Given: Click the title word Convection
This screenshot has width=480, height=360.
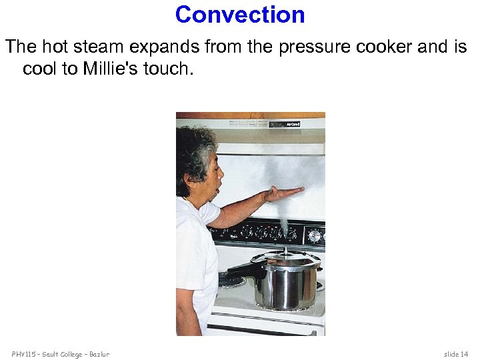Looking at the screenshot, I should pyautogui.click(x=240, y=15).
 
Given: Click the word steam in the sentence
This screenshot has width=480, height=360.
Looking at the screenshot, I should pyautogui.click(x=94, y=47).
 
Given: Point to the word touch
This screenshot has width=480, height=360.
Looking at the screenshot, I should pyautogui.click(x=169, y=69).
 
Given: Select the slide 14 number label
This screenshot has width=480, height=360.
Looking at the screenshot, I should pyautogui.click(x=457, y=353).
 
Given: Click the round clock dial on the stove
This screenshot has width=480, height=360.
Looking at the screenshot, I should pyautogui.click(x=314, y=235).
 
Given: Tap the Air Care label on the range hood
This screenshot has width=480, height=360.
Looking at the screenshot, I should pyautogui.click(x=293, y=123).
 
